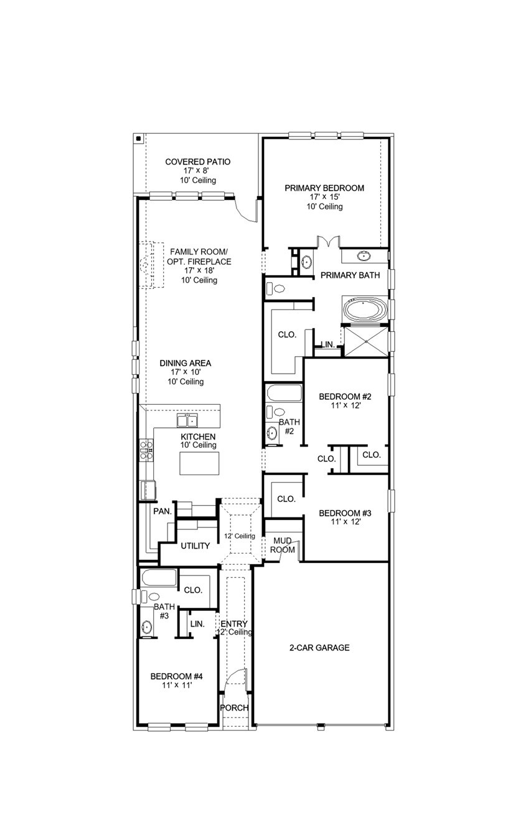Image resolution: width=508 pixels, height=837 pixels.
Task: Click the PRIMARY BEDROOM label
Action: [x=324, y=187]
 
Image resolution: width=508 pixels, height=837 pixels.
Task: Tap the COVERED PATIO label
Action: [x=198, y=162]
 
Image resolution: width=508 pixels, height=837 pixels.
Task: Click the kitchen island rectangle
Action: [x=200, y=463]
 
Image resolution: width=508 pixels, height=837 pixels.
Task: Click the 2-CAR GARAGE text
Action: [x=319, y=648]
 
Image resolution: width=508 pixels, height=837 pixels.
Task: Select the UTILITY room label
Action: [x=195, y=546]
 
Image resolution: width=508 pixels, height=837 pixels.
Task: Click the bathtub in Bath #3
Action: [x=159, y=577]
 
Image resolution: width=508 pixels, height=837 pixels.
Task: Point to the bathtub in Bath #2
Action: [x=283, y=394]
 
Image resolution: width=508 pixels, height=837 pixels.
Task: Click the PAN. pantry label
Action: [x=162, y=511]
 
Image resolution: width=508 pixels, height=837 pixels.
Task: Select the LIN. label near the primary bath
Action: [x=327, y=344]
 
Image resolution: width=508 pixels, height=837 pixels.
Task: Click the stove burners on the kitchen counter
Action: [x=146, y=450]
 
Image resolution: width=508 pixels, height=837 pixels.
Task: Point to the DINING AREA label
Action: [x=185, y=363]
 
